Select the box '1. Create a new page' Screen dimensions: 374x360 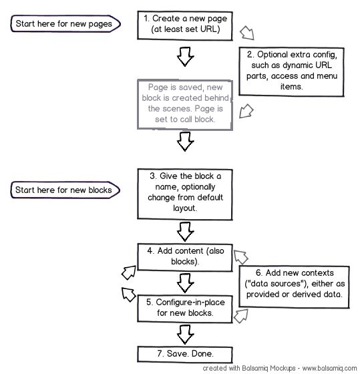pyautogui.click(x=184, y=25)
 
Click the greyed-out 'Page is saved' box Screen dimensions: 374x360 pyautogui.click(x=185, y=104)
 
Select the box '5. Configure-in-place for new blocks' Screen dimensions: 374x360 pyautogui.click(x=184, y=308)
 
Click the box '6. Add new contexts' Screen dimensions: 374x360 pyautogui.click(x=295, y=284)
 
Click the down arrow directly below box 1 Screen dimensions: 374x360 pyautogui.click(x=185, y=59)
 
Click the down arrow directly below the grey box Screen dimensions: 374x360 pyautogui.click(x=185, y=141)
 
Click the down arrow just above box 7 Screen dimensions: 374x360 pyautogui.click(x=185, y=332)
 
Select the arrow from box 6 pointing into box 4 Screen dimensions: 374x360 pyautogui.click(x=240, y=256)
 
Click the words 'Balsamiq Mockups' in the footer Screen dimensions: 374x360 pyautogui.click(x=252, y=368)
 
